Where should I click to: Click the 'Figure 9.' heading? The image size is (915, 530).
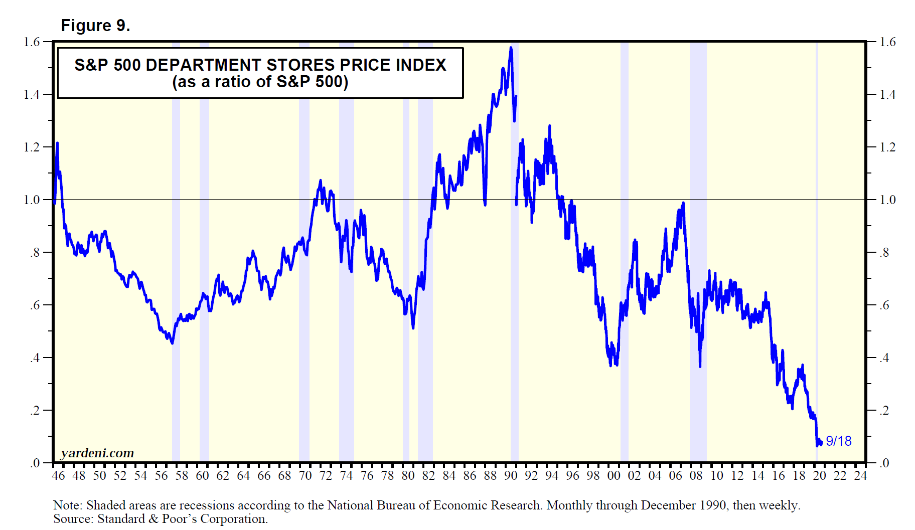(x=95, y=25)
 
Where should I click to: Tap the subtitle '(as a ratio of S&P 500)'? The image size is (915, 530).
(x=260, y=82)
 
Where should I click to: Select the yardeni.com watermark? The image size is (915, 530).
(x=97, y=453)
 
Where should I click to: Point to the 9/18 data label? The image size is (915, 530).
(x=839, y=441)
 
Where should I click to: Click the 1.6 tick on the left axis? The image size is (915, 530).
(x=32, y=42)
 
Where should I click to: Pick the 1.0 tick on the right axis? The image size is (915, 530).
(x=887, y=200)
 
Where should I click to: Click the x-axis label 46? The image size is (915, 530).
(x=58, y=475)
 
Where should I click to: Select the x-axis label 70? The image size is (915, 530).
(x=305, y=475)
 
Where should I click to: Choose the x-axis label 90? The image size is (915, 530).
(x=511, y=475)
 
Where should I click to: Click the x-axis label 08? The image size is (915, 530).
(x=696, y=475)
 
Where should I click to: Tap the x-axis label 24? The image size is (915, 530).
(x=860, y=475)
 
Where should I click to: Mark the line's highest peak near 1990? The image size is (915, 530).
(x=511, y=48)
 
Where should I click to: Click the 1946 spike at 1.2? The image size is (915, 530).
(x=57, y=143)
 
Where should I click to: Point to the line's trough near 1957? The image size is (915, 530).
(x=173, y=343)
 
